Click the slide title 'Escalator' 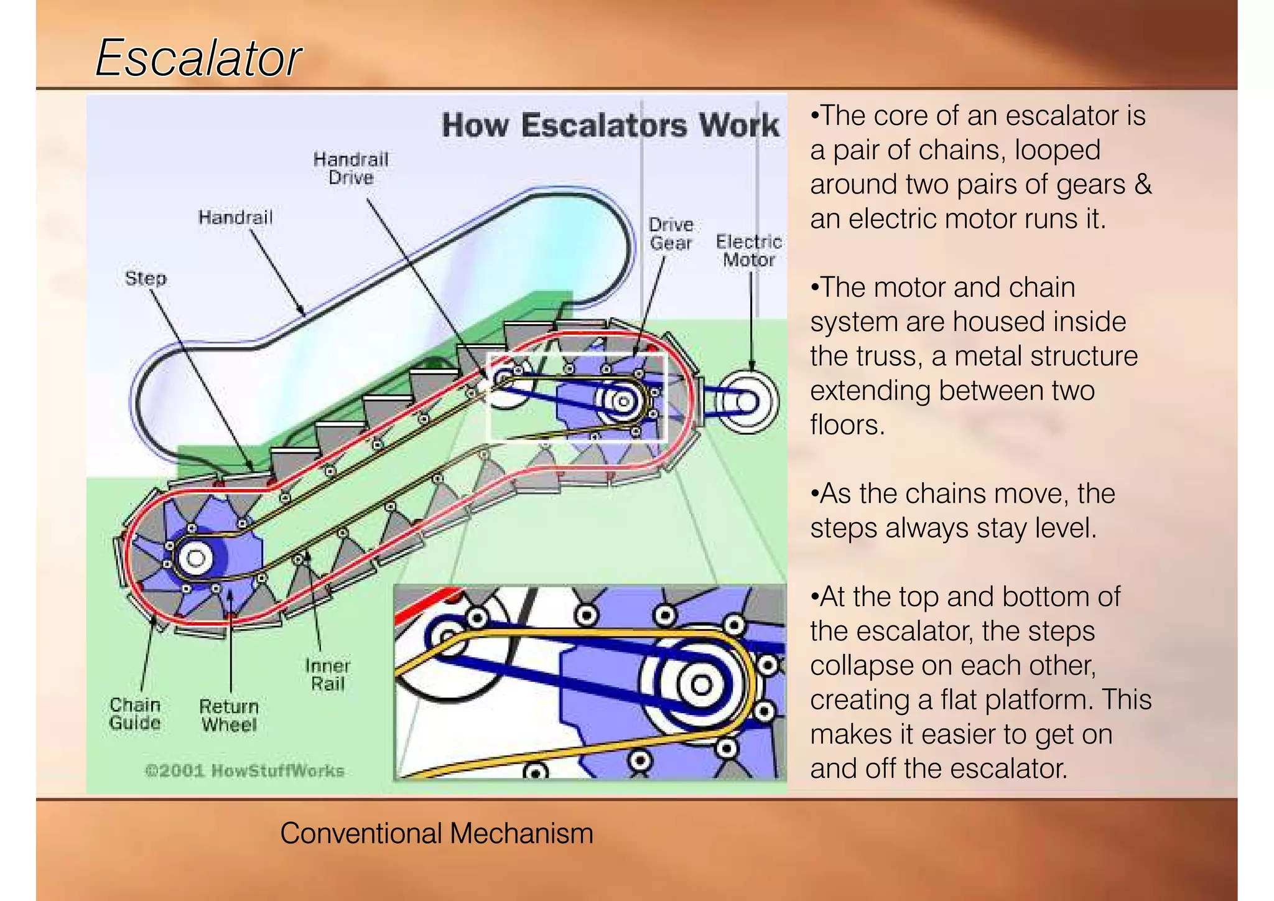[198, 58]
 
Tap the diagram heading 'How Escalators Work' [610, 125]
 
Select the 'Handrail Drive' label [351, 168]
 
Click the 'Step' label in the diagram [146, 278]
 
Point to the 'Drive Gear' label [671, 234]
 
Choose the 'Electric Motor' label [748, 250]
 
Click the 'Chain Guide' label [135, 714]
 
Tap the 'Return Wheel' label [229, 716]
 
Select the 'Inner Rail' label [328, 675]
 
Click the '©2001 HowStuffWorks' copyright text [244, 771]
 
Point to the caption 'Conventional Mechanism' [437, 833]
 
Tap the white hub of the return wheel [196, 557]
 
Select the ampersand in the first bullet [1143, 185]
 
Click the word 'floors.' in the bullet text [847, 425]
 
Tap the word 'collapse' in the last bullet [861, 666]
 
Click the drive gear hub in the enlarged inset [701, 684]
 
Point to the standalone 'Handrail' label [235, 217]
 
